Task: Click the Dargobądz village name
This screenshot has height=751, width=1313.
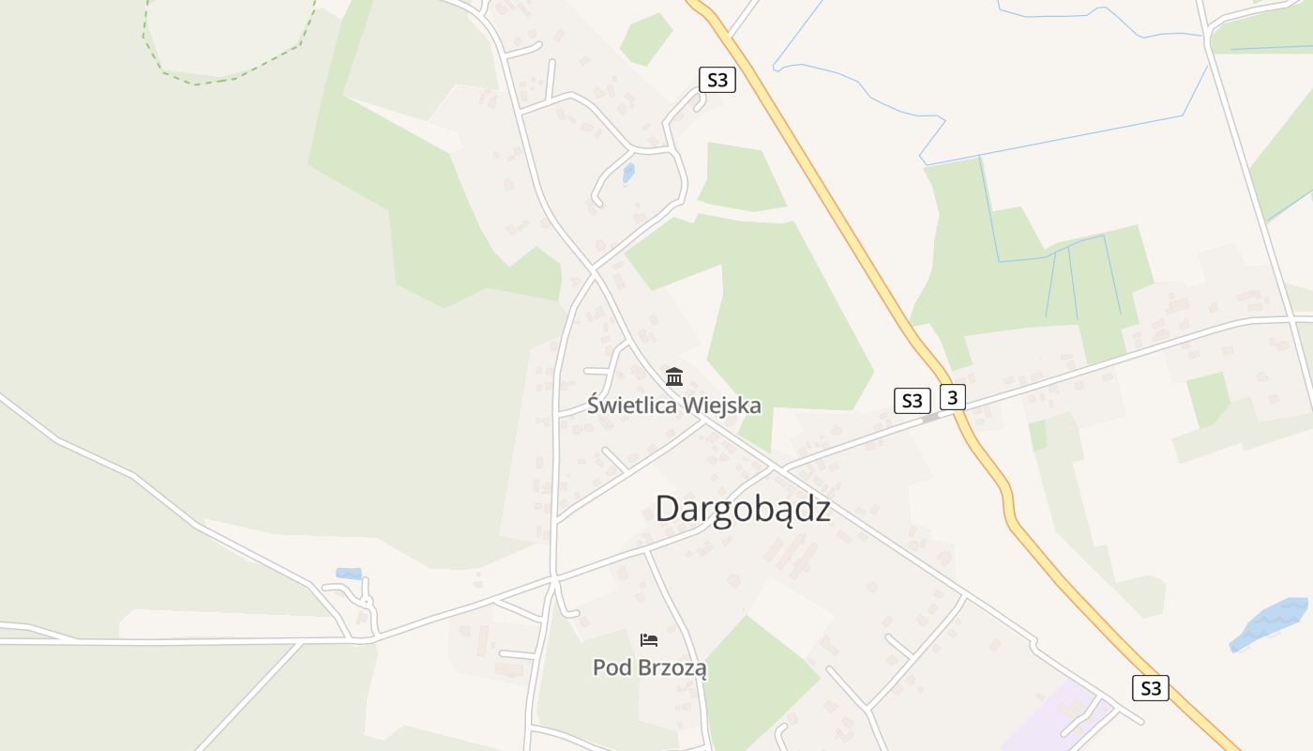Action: [742, 509]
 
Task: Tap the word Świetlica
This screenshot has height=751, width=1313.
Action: [631, 406]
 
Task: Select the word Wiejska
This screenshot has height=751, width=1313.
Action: [722, 406]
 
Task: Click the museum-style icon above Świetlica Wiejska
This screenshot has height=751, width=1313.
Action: [673, 376]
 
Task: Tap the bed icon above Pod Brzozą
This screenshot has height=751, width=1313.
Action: [648, 640]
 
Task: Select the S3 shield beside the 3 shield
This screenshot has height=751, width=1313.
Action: [912, 401]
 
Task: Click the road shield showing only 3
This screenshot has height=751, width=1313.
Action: [952, 397]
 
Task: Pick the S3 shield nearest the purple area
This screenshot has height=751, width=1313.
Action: [1150, 688]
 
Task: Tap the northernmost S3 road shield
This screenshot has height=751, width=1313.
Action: [717, 80]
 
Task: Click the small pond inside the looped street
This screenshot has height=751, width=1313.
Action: [628, 173]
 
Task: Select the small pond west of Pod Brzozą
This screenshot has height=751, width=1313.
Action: [349, 573]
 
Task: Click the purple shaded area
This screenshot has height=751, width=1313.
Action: [1060, 723]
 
